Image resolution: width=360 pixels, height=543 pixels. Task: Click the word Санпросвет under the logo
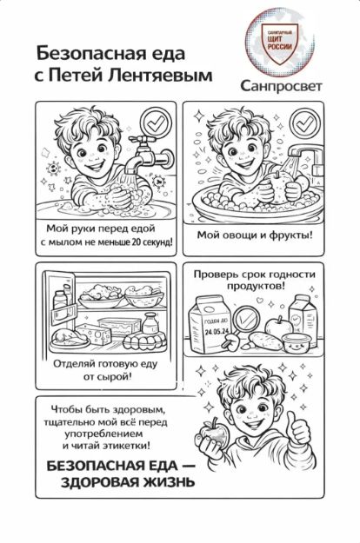click(x=281, y=86)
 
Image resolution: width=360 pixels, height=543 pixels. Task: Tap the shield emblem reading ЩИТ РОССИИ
click(x=280, y=43)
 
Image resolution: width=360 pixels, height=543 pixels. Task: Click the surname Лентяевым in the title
click(x=160, y=75)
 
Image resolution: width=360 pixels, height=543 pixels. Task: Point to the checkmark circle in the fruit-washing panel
click(x=305, y=123)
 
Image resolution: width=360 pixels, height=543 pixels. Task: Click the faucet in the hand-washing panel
click(x=149, y=155)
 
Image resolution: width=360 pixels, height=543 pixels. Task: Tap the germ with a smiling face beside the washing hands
click(x=54, y=168)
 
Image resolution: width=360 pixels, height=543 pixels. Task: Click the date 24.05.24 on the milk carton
click(x=217, y=331)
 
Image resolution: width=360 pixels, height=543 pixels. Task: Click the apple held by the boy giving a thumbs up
click(x=213, y=433)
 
